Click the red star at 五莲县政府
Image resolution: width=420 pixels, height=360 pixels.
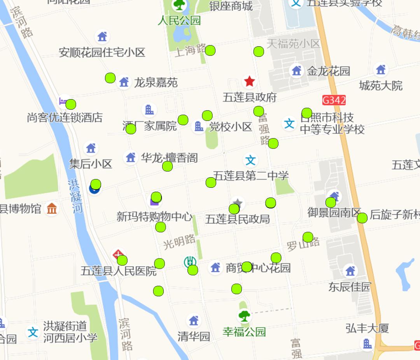tap(249, 82)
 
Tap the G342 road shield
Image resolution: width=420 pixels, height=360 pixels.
tap(334, 100)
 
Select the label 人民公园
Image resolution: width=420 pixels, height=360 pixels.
tap(179, 20)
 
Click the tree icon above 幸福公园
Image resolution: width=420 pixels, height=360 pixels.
tap(244, 315)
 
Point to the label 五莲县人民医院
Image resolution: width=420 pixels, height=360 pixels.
tap(119, 271)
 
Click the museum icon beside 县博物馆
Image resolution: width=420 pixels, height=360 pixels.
tap(52, 209)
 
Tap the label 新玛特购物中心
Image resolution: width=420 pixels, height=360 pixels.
tap(155, 217)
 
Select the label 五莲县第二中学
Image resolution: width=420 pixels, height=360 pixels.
tap(251, 176)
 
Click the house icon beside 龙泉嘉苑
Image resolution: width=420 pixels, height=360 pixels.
tap(124, 82)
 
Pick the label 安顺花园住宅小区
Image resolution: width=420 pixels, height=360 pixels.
tap(102, 52)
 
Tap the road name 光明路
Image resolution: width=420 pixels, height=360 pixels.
tap(179, 242)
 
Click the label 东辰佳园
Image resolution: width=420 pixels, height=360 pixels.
tap(350, 287)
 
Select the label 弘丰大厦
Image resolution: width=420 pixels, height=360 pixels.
tap(367, 329)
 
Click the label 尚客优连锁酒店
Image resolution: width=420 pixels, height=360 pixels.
tap(65, 117)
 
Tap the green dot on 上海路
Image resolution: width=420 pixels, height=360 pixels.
tap(210, 50)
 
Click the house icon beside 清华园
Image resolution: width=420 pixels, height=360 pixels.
tap(194, 321)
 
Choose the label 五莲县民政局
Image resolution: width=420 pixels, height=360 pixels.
tap(237, 219)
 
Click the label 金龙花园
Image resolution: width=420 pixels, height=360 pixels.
tap(329, 71)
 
